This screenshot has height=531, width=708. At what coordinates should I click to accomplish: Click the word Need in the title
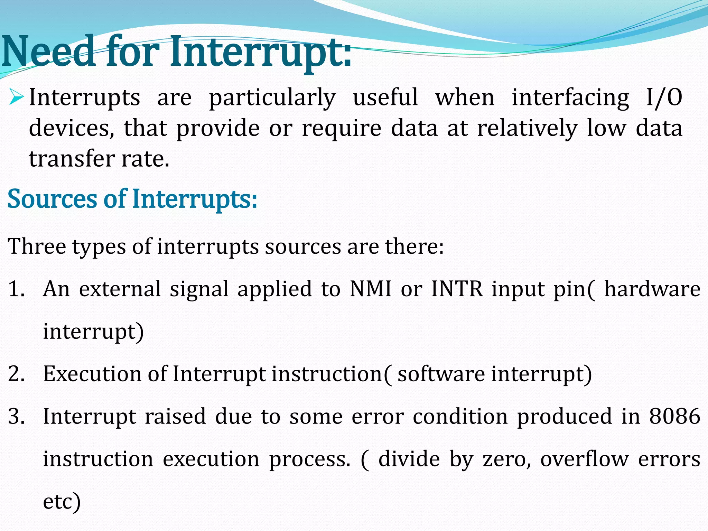click(48, 52)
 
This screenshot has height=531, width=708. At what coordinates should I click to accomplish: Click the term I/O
click(664, 97)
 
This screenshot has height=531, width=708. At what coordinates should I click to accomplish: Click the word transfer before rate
click(72, 159)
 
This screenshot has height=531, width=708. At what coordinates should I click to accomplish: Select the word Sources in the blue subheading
click(52, 199)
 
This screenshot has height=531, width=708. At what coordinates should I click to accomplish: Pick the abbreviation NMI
click(370, 289)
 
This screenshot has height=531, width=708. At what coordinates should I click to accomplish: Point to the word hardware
click(652, 289)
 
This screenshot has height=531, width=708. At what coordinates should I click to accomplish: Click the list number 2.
click(16, 374)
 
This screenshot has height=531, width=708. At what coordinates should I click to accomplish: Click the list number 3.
click(16, 417)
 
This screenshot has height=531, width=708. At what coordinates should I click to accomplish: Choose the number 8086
click(674, 417)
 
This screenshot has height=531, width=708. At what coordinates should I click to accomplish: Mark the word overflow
click(584, 460)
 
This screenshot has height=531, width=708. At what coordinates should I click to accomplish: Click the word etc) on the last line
click(62, 502)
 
